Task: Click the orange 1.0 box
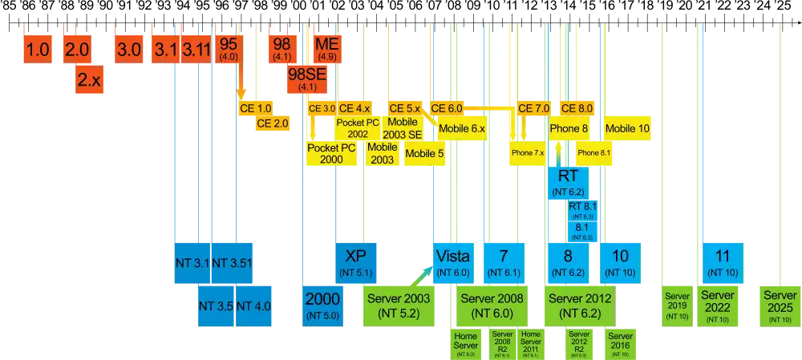[38, 49]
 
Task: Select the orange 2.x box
[87, 79]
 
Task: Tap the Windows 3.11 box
[196, 49]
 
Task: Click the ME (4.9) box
[327, 48]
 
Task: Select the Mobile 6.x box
[462, 128]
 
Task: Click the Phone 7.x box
[527, 152]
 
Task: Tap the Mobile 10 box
[627, 128]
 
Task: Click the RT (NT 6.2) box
[569, 182]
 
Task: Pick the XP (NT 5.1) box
[355, 262]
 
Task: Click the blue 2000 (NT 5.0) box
[323, 305]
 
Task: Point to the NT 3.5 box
[216, 305]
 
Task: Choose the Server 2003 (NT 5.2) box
[399, 305]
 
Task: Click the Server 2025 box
[780, 305]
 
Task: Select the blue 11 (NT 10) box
[722, 262]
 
